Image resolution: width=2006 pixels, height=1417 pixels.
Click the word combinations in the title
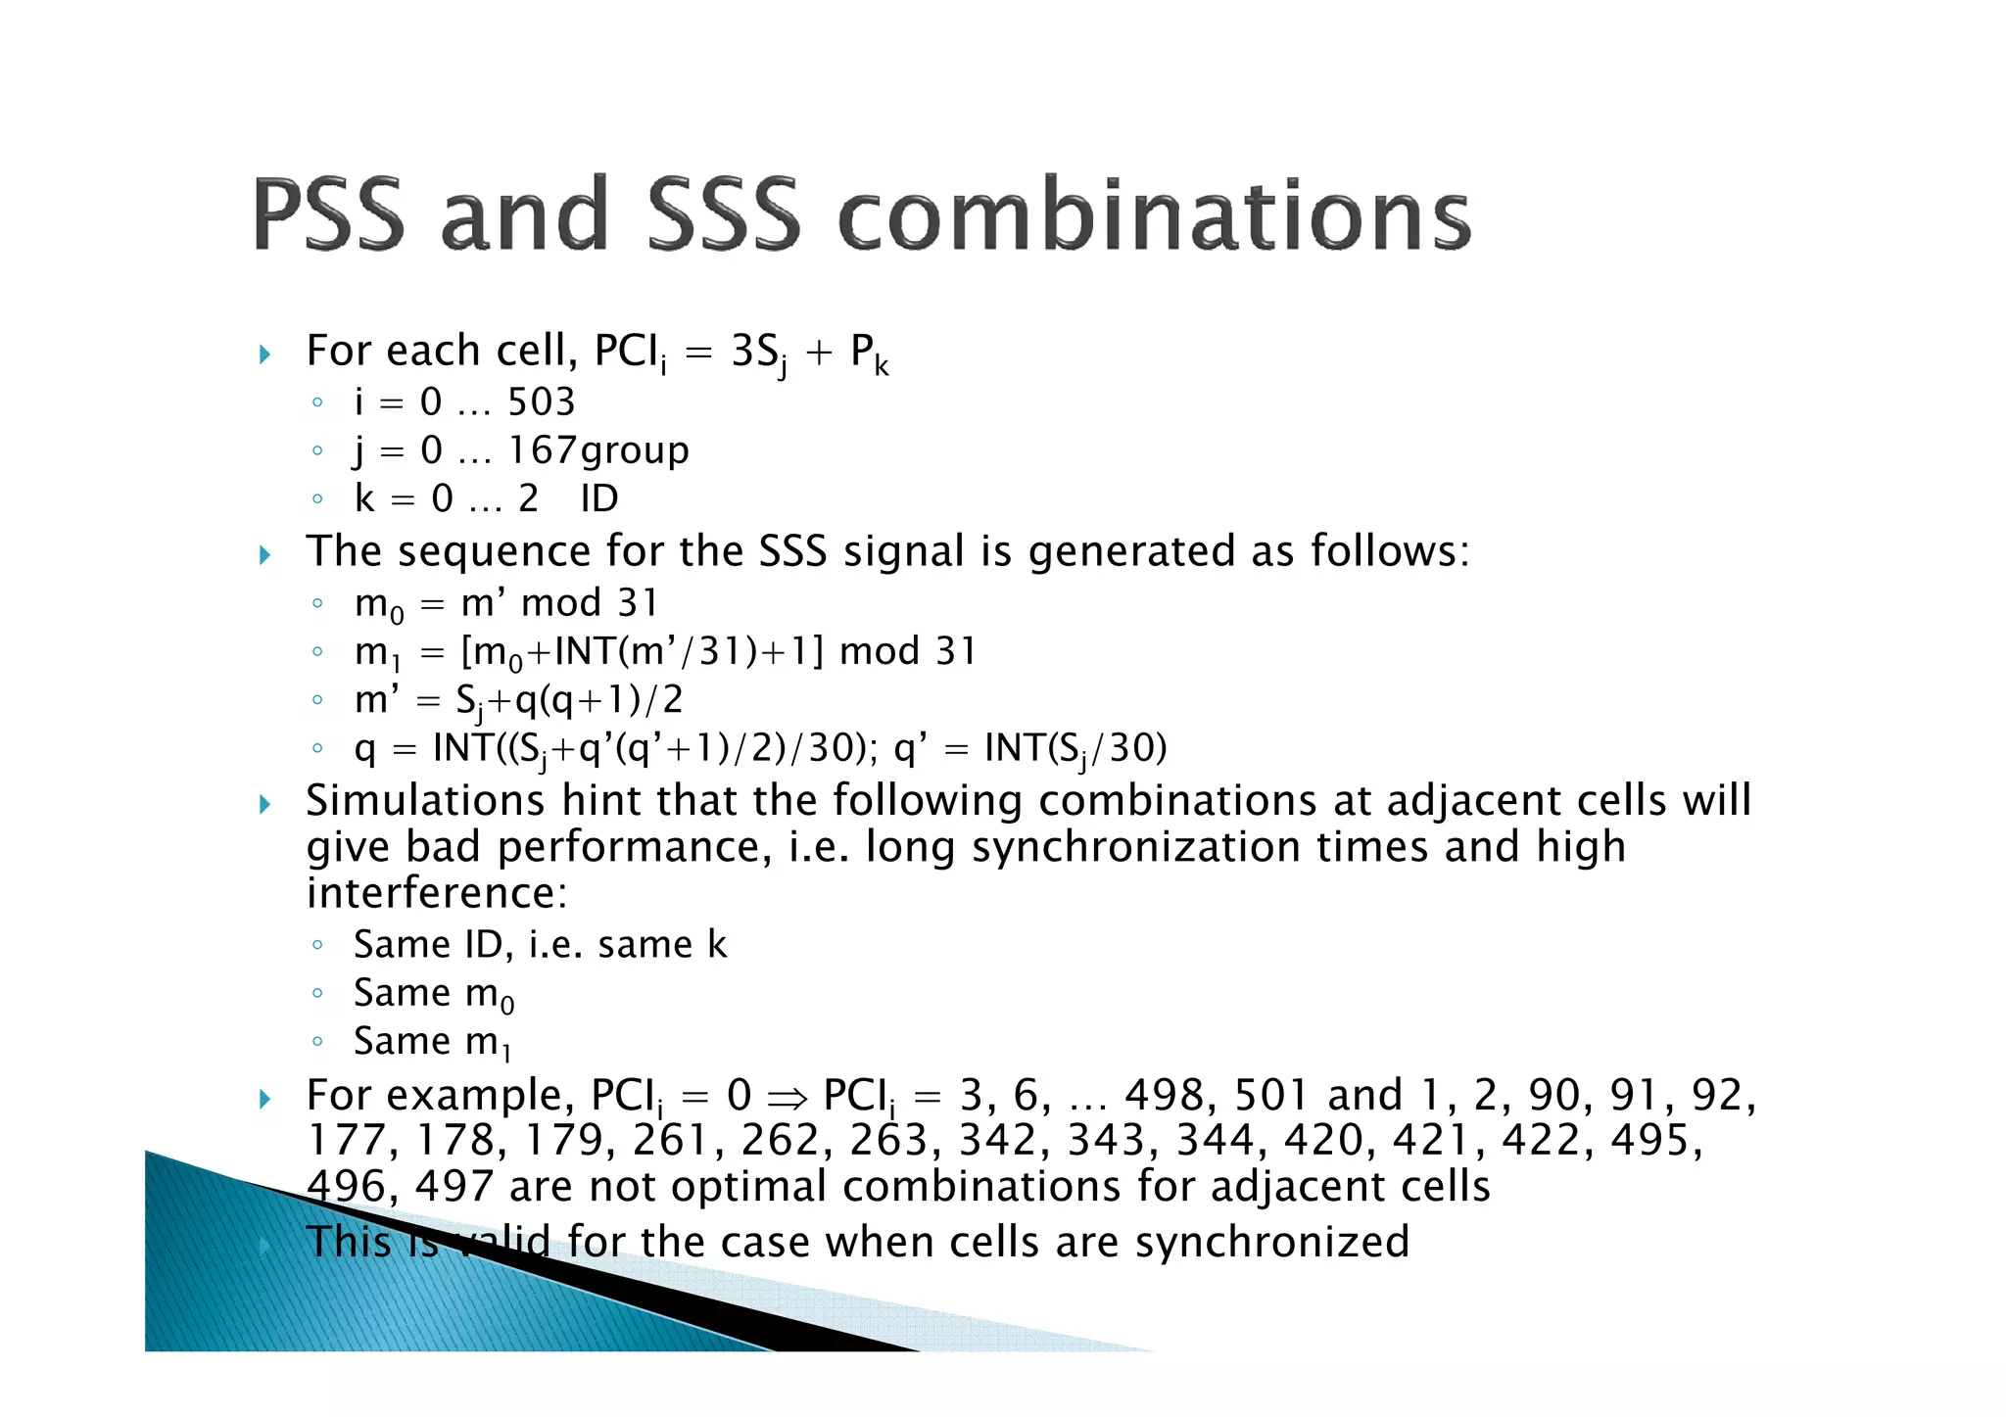click(x=1156, y=214)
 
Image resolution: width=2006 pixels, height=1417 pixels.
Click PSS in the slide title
click(x=328, y=214)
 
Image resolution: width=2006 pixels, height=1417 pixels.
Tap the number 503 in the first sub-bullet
click(x=541, y=402)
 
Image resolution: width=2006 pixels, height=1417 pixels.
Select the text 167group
click(x=598, y=450)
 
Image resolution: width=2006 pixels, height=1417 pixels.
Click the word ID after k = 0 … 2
click(x=599, y=498)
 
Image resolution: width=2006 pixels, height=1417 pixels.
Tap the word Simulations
click(x=425, y=800)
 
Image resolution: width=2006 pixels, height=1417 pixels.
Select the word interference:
click(x=437, y=893)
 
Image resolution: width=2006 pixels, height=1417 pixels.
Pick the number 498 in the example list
click(x=1170, y=1095)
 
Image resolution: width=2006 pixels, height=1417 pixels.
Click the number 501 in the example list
click(x=1271, y=1095)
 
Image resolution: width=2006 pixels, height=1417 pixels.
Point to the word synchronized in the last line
click(x=1272, y=1242)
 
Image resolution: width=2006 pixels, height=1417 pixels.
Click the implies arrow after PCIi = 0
click(x=787, y=1096)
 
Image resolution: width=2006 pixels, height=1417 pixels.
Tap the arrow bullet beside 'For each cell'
click(x=265, y=354)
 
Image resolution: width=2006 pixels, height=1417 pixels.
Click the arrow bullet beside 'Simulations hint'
click(x=265, y=804)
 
